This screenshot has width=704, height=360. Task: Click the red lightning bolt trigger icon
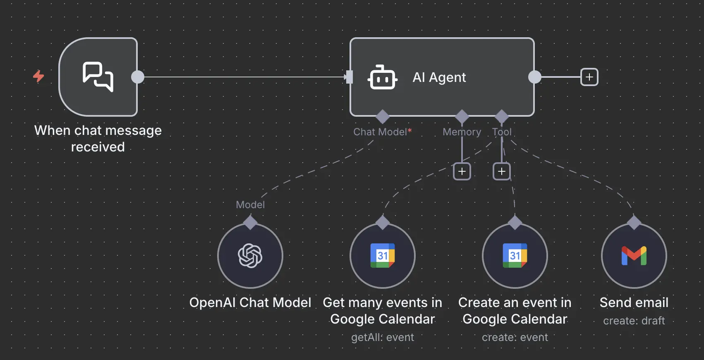point(38,76)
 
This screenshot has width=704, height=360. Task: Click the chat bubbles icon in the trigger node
point(98,77)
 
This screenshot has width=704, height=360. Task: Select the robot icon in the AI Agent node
point(382,77)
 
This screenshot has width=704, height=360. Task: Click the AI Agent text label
point(439,77)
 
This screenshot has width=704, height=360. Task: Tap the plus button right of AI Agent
point(589,77)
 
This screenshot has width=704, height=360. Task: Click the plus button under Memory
point(462,171)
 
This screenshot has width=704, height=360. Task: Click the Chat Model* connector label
point(382,132)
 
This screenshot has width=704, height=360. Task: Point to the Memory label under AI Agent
point(462,132)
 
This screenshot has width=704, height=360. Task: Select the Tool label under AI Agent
point(502,132)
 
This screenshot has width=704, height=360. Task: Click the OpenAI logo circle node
point(250,256)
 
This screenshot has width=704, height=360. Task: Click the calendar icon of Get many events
point(383,256)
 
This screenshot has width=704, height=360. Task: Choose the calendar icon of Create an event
point(515,256)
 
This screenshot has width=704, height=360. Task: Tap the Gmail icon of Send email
point(634,256)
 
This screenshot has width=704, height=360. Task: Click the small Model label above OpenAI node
point(250,205)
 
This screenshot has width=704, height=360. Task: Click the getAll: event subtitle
point(383,338)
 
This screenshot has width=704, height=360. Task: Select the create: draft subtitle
point(634,321)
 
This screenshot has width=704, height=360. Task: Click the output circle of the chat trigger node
point(138,77)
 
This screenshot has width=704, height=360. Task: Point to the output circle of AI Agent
point(535,77)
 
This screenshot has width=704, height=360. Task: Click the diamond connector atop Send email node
point(634,222)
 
